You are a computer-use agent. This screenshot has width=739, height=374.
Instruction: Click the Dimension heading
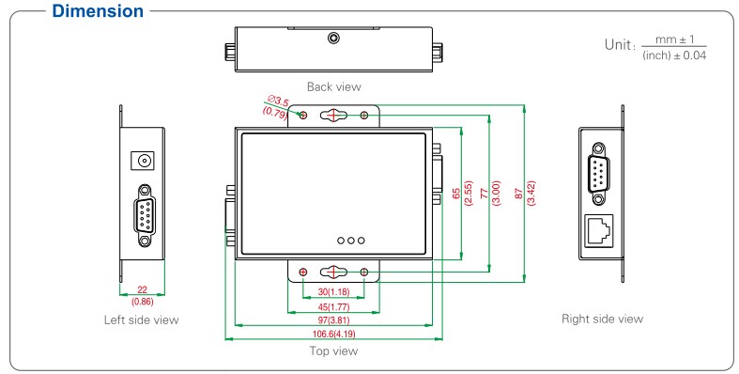click(98, 11)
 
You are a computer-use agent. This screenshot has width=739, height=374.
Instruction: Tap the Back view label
click(333, 86)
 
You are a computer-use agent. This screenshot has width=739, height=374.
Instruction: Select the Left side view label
click(142, 320)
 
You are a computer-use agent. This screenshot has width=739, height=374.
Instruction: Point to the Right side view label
click(602, 319)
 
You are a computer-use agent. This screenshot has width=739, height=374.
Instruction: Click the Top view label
click(333, 351)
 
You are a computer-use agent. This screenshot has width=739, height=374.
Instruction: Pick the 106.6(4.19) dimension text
click(333, 334)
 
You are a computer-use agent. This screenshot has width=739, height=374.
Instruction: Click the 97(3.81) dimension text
click(333, 320)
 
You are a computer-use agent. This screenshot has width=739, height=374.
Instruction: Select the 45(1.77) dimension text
click(333, 307)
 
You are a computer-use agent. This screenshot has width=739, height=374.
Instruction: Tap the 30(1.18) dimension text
click(333, 292)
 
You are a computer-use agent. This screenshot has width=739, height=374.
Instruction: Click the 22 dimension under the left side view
click(142, 290)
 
